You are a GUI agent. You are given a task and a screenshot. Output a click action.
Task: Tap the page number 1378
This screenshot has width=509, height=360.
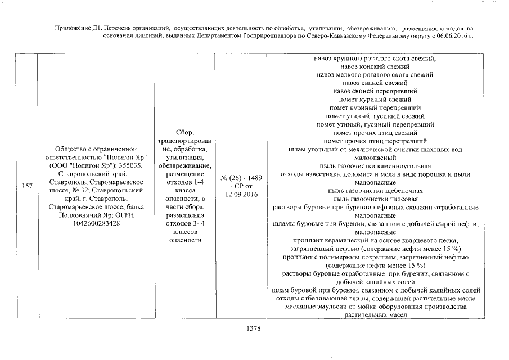[x=254, y=329]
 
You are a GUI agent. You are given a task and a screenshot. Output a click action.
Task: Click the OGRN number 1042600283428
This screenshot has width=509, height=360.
[x=94, y=223]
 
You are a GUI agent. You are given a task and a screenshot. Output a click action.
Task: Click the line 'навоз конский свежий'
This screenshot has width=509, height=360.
[x=375, y=66]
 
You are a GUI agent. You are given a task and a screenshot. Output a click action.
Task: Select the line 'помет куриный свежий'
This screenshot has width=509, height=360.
[x=375, y=99]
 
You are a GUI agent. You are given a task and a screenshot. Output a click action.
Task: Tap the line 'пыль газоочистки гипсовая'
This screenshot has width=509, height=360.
[x=375, y=199]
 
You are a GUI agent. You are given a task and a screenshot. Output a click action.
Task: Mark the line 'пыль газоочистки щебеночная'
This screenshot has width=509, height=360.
[x=375, y=191]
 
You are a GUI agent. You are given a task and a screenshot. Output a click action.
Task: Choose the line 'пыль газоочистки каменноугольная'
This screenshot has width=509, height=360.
[x=375, y=166]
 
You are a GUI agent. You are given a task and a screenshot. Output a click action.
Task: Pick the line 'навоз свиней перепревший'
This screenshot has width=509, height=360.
[x=375, y=91]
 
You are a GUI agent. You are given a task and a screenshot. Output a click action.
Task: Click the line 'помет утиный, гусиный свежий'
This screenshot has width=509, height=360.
[x=375, y=116]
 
